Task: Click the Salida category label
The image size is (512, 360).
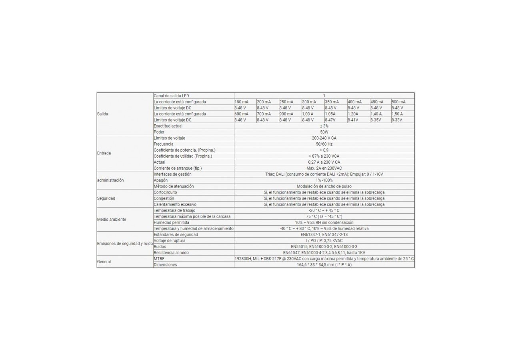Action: tap(103, 114)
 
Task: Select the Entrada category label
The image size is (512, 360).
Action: tap(104, 153)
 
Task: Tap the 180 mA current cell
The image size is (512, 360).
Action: tap(241, 102)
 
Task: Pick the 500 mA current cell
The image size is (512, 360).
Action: tap(398, 102)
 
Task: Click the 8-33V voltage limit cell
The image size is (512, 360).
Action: tap(397, 120)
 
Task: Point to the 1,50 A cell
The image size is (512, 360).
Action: tap(398, 114)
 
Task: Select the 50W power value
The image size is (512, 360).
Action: tap(324, 132)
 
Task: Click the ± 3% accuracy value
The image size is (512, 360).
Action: tap(324, 126)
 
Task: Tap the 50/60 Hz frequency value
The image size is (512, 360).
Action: tap(324, 144)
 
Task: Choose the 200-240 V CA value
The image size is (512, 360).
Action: tap(324, 138)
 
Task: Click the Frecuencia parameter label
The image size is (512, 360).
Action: tap(164, 144)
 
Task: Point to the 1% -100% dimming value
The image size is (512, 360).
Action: tap(324, 180)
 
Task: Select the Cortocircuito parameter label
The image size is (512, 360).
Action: tap(165, 192)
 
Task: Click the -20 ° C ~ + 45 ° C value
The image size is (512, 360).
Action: tap(324, 210)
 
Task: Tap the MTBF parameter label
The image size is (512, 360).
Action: tap(159, 259)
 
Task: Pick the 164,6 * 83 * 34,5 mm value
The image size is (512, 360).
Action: tap(324, 265)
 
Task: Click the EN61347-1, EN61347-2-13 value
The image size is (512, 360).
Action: tap(324, 234)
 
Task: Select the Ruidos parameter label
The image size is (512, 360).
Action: tap(160, 247)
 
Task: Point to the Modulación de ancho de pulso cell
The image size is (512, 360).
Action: tap(324, 186)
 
